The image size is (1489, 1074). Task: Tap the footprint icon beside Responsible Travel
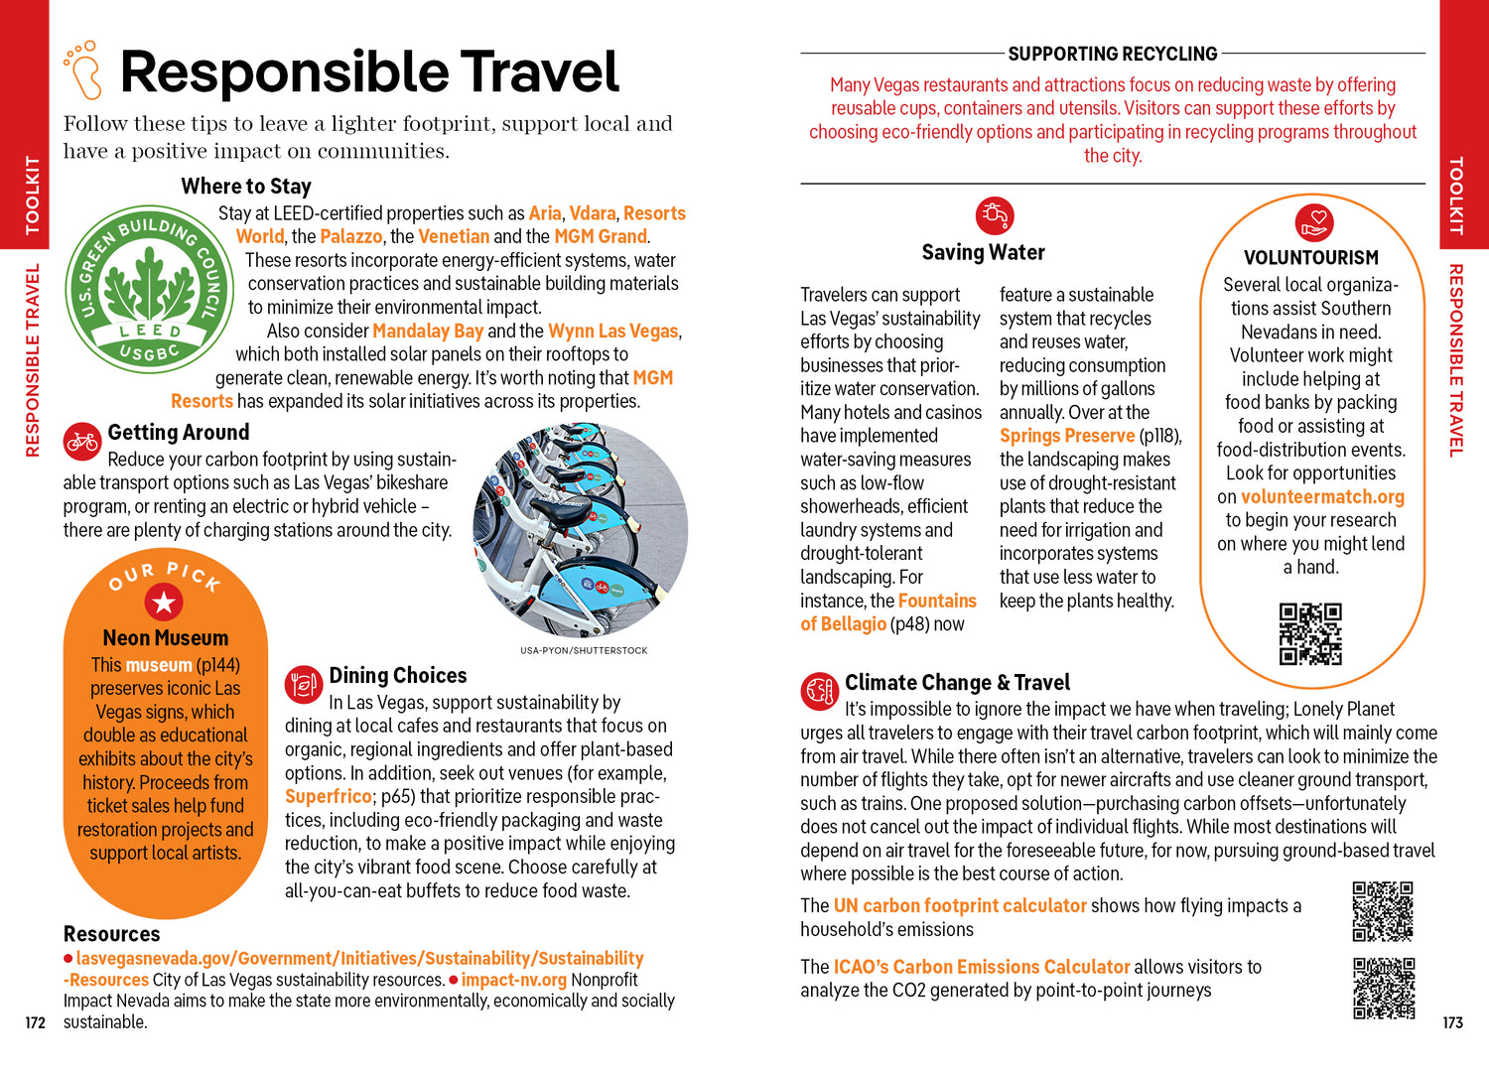point(83,70)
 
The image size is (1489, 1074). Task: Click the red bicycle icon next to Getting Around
point(81,441)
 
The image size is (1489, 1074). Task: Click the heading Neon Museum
point(165,638)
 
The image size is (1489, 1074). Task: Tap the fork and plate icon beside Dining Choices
point(304,684)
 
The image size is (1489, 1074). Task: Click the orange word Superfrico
point(328,797)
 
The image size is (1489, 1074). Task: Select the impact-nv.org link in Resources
point(513,981)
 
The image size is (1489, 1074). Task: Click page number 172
point(36,1023)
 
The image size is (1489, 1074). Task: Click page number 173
point(1452,1023)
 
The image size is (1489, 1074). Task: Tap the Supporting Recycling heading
point(1112,54)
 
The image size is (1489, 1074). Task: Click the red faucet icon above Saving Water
point(994,215)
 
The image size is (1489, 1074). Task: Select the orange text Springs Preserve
point(1066,436)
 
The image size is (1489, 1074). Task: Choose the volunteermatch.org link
point(1322,497)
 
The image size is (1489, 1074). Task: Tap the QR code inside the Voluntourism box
point(1310,633)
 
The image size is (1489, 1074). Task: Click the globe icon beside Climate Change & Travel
point(820,692)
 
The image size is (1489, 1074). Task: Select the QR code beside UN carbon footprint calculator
point(1383,911)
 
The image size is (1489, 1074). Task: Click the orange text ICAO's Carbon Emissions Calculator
point(981,967)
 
